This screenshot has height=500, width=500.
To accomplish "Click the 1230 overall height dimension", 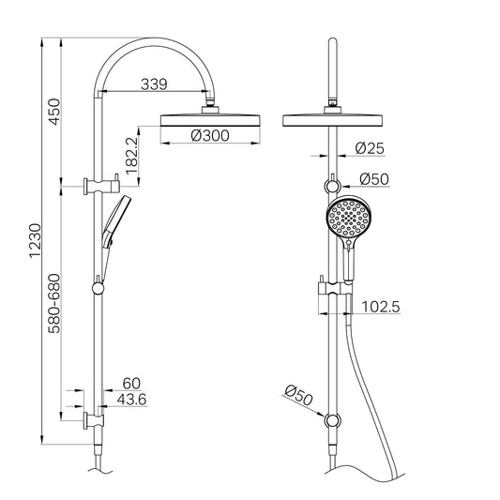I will [36, 240].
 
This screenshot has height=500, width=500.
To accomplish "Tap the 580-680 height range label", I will [55, 305].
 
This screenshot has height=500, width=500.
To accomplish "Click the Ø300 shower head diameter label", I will [210, 136].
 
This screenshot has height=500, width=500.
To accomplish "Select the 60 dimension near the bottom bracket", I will [131, 384].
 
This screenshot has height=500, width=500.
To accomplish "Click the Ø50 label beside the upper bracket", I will [375, 179].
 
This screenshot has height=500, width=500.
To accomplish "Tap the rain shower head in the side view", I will [210, 118].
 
